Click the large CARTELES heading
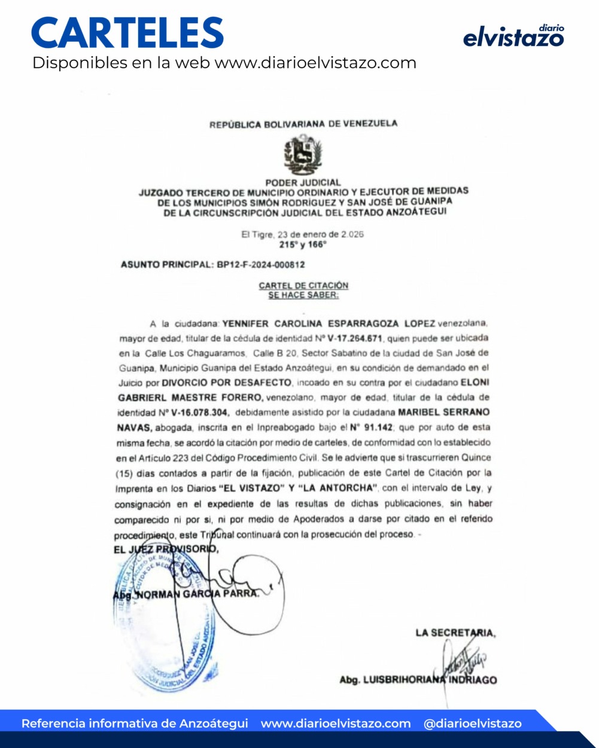pos(127,33)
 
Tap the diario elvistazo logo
pos(513,36)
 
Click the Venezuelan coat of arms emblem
pos(303,154)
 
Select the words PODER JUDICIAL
pos(303,182)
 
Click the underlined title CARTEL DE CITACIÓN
pos(303,286)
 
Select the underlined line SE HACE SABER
pos(303,295)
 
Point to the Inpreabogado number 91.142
pos(371,428)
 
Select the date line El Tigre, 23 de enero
pos(302,234)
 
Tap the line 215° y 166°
pos(303,245)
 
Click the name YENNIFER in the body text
pos(245,323)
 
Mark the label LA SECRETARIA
pos(455,633)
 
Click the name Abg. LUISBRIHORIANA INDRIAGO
pos(418,680)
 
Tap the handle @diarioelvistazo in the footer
pos(473,723)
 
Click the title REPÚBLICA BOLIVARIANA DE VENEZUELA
pos(303,124)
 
